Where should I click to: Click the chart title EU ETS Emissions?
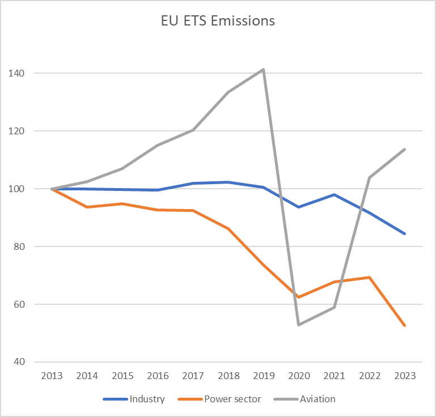(x=218, y=21)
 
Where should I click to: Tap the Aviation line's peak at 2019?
(x=264, y=70)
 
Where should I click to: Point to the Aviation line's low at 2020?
(x=299, y=325)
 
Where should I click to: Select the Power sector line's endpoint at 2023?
(x=405, y=325)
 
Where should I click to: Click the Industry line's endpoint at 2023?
(x=405, y=233)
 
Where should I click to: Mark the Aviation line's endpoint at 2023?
(x=405, y=149)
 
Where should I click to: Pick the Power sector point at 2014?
(x=87, y=207)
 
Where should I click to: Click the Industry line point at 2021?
(x=335, y=194)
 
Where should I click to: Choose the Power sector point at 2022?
(x=370, y=277)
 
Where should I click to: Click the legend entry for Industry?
(x=134, y=399)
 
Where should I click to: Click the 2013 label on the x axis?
(x=52, y=376)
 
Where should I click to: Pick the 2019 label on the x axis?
(x=264, y=376)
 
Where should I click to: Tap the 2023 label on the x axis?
(x=405, y=376)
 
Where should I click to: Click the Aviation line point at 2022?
(x=370, y=177)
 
